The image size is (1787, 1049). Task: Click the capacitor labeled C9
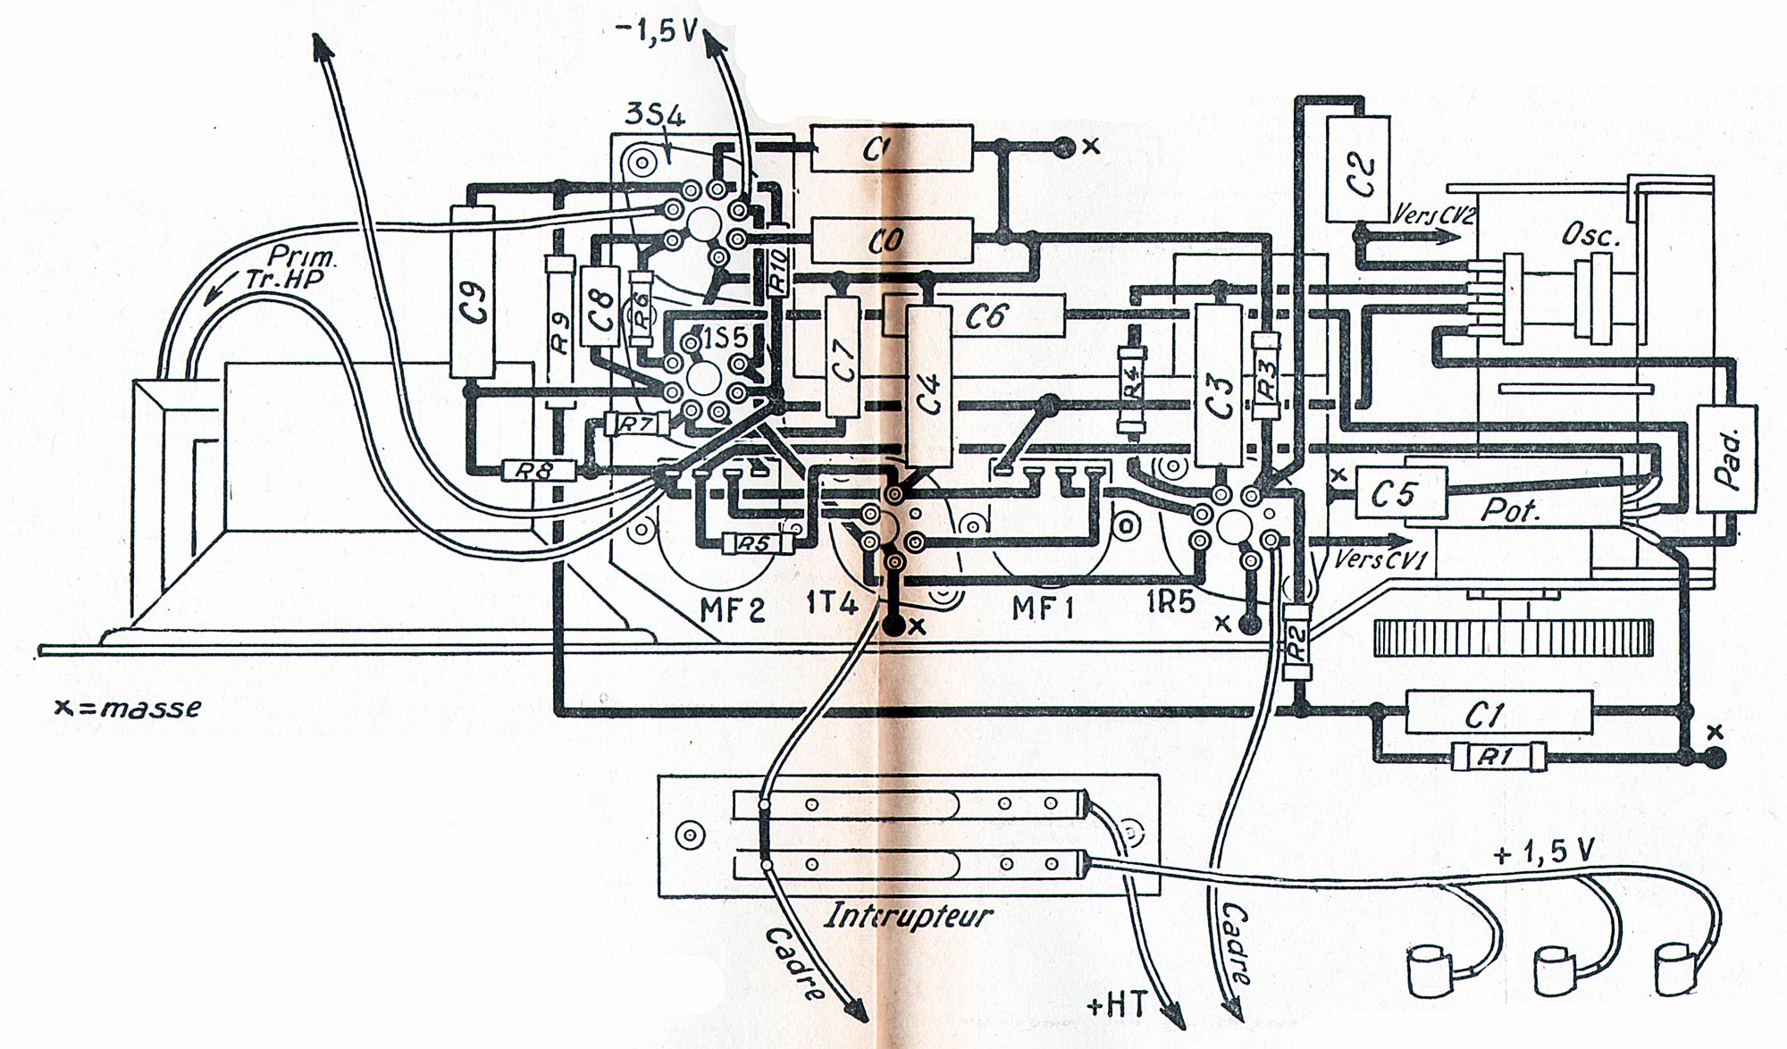[x=473, y=292]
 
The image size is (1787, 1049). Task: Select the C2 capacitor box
[x=1358, y=169]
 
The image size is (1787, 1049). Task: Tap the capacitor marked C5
[x=1400, y=493]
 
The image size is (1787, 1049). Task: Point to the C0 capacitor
[x=891, y=240]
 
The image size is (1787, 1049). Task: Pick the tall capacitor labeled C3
[x=1218, y=385]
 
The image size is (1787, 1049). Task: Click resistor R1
[x=1498, y=758]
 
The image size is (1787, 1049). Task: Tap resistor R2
[x=1296, y=642]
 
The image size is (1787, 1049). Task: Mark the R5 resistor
[x=757, y=543]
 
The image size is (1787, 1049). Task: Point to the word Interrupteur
[x=908, y=916]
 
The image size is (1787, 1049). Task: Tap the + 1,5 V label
[x=1544, y=852]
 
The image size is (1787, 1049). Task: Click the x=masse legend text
[x=128, y=708]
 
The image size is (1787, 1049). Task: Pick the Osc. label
[x=1590, y=235]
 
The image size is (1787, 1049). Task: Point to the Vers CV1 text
[x=1380, y=561]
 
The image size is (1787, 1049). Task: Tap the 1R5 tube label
[x=1170, y=602]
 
